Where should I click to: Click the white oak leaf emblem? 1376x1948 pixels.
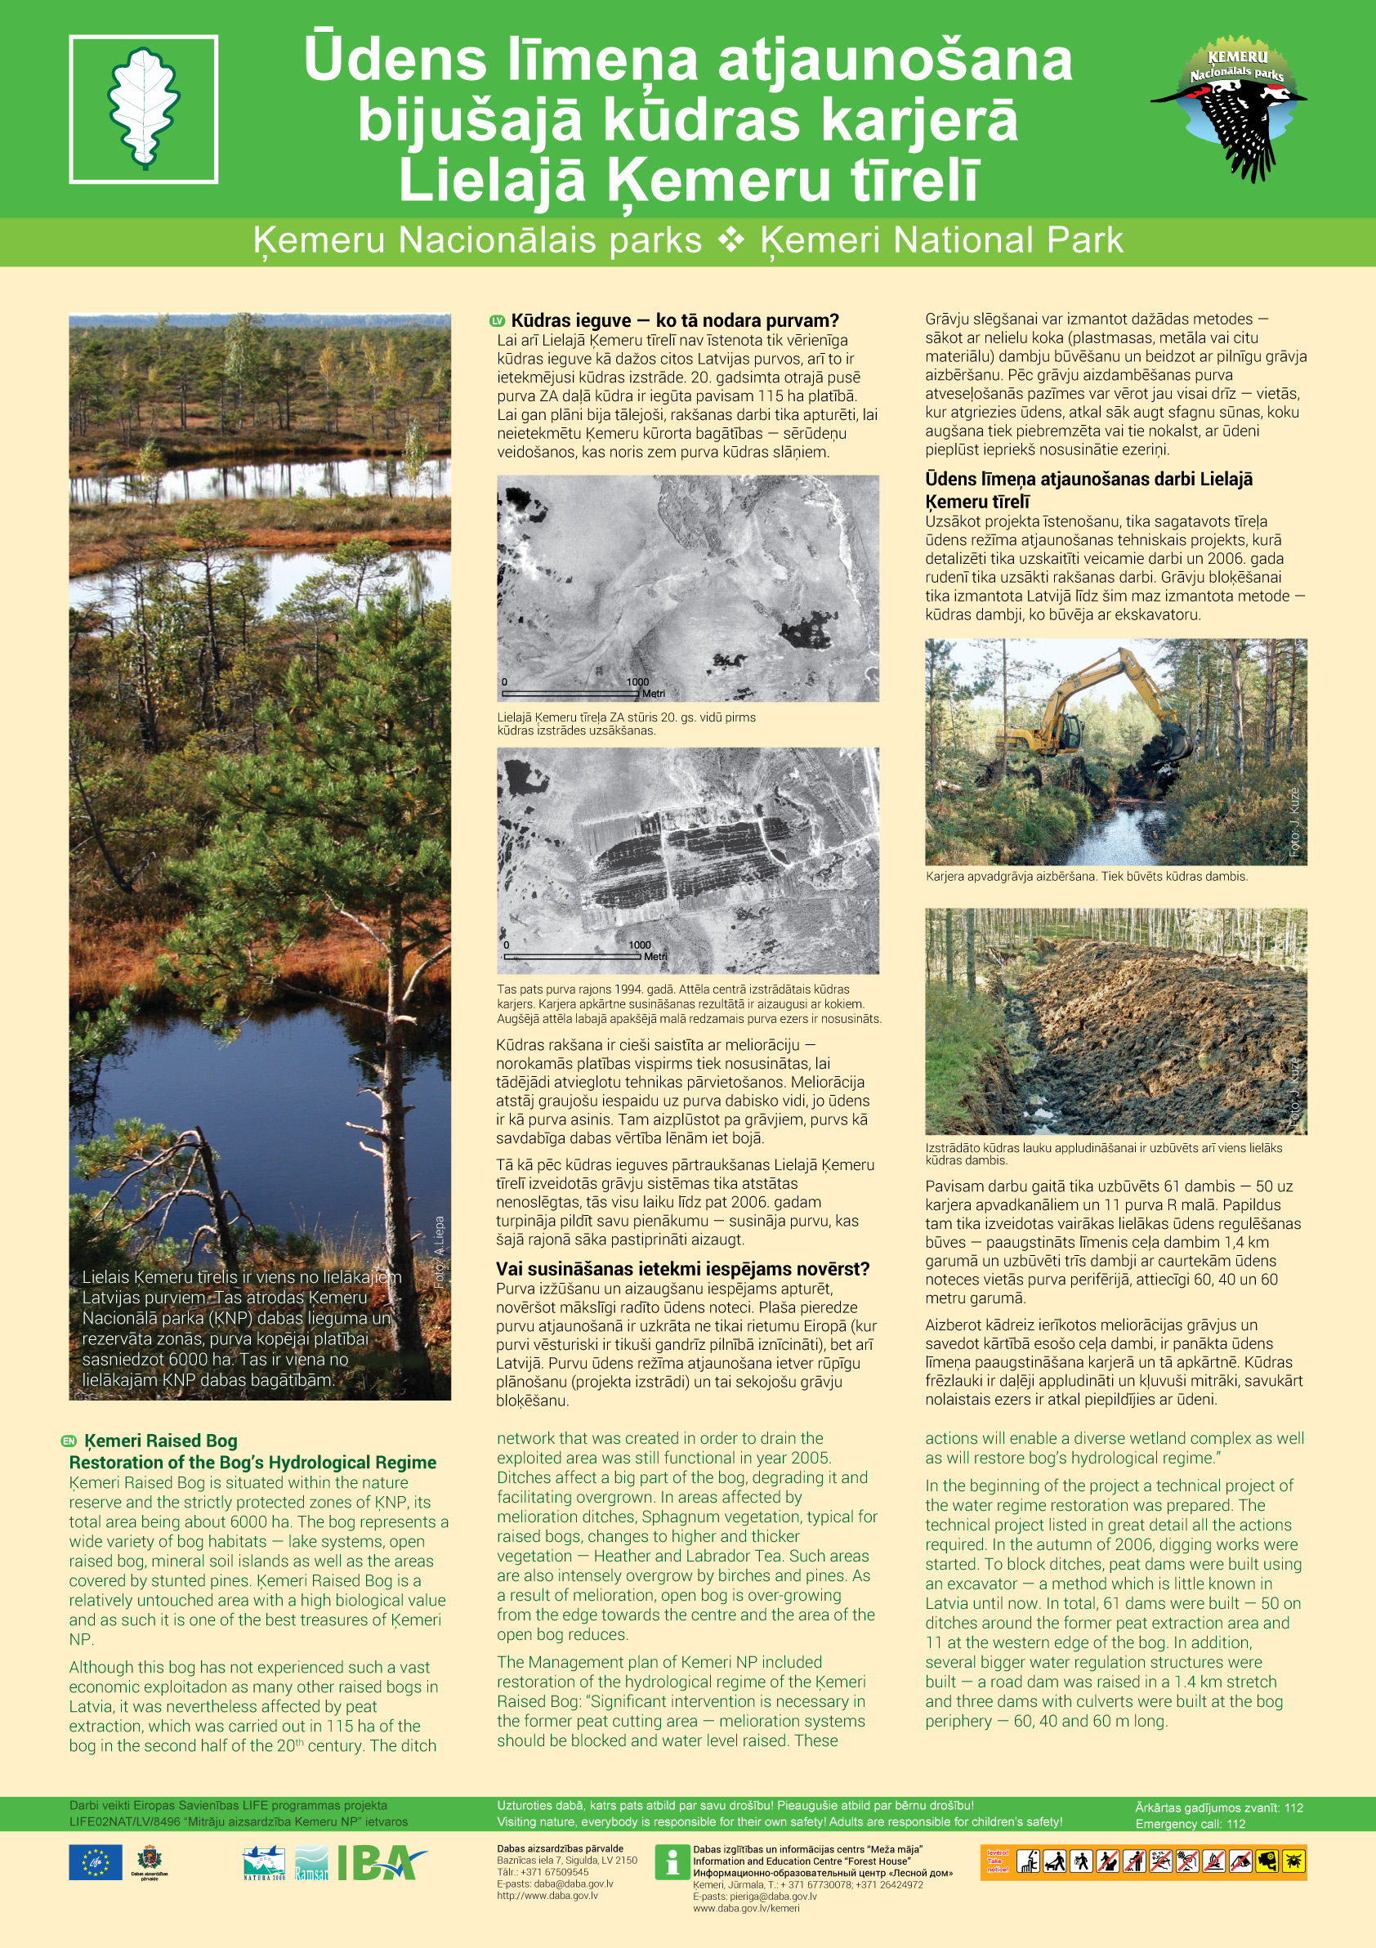143,108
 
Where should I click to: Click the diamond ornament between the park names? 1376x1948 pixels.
730,241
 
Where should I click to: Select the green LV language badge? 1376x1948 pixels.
498,320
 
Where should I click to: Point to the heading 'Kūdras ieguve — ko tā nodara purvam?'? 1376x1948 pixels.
674,320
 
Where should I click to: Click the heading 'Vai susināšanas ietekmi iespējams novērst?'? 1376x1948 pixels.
683,1268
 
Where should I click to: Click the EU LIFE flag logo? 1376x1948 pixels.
95,1862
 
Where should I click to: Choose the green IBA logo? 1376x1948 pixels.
381,1862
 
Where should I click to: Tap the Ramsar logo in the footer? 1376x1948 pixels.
310,1864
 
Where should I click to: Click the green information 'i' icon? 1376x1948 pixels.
672,1862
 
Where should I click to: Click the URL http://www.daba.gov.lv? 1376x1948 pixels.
547,1895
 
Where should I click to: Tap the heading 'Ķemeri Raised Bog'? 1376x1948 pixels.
161,1441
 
